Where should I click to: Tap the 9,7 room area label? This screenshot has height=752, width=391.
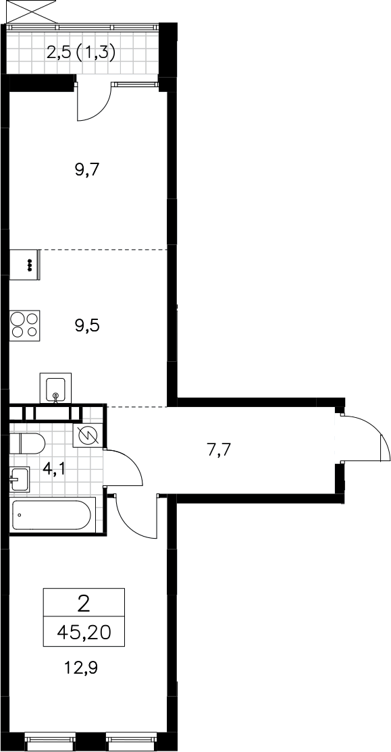tap(86, 170)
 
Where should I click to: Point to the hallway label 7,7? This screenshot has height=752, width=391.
tap(219, 450)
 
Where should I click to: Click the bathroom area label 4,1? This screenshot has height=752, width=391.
tap(53, 468)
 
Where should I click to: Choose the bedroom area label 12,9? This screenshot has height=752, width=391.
tap(80, 667)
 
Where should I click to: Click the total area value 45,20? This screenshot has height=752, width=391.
tap(84, 634)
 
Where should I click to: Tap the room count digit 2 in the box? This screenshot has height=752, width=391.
tap(84, 604)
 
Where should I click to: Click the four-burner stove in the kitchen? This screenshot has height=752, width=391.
tap(24, 325)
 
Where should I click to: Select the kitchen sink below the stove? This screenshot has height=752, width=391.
tap(55, 388)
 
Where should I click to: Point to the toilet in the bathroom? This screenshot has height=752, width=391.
tap(27, 443)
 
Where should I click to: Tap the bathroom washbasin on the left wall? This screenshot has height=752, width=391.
tap(20, 479)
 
